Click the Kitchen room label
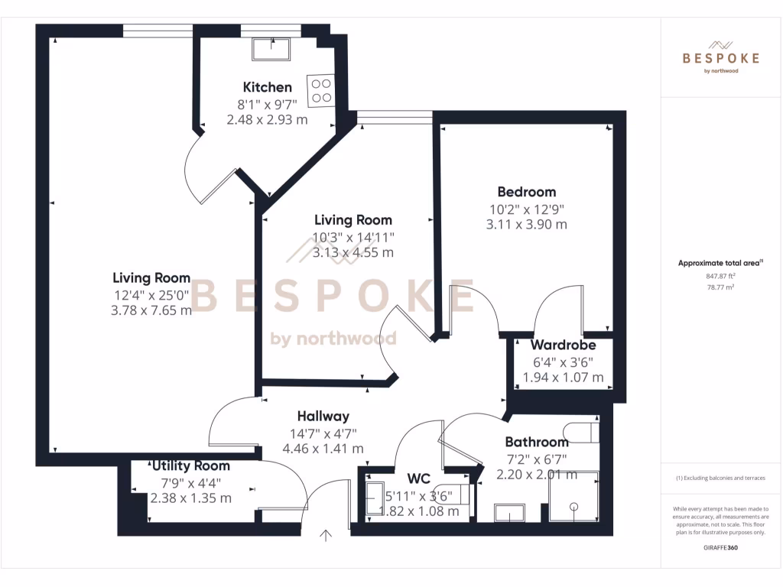pos(267,87)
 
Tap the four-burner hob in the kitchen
pos(320,91)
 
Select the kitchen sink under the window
pos(271,49)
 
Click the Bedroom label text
pos(526,192)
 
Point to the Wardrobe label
pos(563,345)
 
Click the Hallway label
pos(323,417)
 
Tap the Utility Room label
pos(190,465)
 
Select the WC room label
pos(418,478)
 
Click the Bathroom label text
pos(536,442)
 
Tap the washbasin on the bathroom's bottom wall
pos(508,512)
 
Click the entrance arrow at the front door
pos(327,535)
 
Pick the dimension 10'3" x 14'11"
pos(353,237)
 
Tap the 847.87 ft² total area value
pos(720,276)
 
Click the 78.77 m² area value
pos(720,287)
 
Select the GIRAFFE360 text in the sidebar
pos(720,548)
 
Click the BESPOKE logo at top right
pos(721,57)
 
